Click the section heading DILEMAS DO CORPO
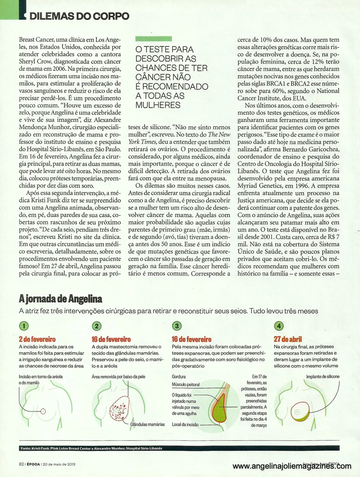(x=80, y=16)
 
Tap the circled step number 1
(x=25, y=326)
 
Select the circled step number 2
(x=97, y=326)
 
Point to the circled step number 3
(x=176, y=326)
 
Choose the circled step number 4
(x=279, y=326)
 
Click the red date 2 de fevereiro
(x=37, y=339)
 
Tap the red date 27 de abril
(x=288, y=339)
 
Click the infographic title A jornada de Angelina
(x=60, y=299)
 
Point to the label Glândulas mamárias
(x=147, y=425)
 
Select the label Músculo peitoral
(x=186, y=385)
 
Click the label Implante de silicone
(x=322, y=376)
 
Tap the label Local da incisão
(x=185, y=425)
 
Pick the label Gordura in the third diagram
(x=179, y=376)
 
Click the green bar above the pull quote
(x=154, y=39)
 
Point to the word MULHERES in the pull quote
(x=158, y=105)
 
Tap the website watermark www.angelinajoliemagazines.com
(x=292, y=466)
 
